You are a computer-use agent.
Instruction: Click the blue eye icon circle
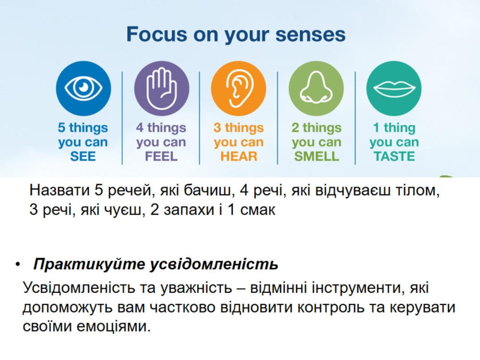coord(83,88)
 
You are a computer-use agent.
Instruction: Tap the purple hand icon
coord(162,88)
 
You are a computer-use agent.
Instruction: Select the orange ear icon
coord(239,88)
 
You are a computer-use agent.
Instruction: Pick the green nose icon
coord(316,88)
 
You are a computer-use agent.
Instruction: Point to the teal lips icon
coord(394,88)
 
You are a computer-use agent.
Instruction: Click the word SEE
coord(83,156)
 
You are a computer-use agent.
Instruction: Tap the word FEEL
coord(161,156)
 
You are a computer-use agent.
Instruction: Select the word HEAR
coord(239,156)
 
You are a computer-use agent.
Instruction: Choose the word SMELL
coord(316,156)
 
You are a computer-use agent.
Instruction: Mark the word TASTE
coord(394,156)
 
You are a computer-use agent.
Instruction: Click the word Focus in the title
coord(156,34)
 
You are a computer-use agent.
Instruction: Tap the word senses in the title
coord(311,35)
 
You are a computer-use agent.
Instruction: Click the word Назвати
coord(60,190)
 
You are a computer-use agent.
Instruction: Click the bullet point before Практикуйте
coord(18,264)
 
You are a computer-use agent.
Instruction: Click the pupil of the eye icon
coord(83,87)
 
